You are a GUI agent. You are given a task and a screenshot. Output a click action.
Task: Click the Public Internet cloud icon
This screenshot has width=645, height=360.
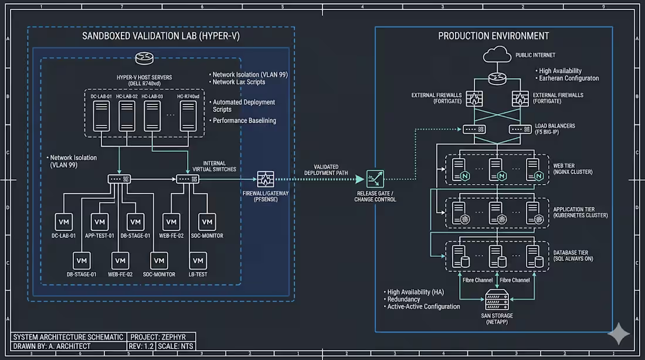(497, 56)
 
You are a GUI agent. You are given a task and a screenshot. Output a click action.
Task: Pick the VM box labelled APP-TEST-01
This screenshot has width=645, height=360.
(100, 222)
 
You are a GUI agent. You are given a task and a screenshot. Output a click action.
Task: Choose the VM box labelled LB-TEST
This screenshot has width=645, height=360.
(198, 260)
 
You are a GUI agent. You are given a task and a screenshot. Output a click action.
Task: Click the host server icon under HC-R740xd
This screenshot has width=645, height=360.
(188, 115)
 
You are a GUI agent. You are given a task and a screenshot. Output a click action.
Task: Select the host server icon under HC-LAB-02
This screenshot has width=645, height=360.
(127, 115)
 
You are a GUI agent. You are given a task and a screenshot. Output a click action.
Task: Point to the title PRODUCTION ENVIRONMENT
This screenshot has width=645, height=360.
(494, 36)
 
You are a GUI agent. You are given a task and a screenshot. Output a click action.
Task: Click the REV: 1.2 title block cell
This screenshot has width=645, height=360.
(140, 347)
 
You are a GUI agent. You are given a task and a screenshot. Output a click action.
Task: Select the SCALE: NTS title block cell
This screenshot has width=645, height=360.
(176, 347)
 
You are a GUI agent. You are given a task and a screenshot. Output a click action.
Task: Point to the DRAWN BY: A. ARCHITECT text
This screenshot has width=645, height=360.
(52, 347)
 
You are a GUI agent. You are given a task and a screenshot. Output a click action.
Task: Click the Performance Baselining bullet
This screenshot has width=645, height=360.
(244, 120)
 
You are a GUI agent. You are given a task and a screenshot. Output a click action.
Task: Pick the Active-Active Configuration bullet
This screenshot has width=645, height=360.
(423, 307)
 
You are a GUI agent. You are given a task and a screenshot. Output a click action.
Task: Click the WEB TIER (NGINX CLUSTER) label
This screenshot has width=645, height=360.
(573, 168)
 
